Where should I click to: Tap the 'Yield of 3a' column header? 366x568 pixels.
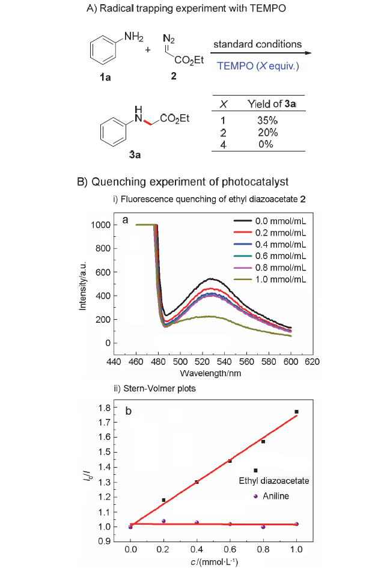[272, 103]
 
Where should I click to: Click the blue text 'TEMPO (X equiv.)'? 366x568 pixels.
[257, 66]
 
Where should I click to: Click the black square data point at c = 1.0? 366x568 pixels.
[296, 412]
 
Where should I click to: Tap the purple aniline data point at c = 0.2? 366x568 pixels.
[163, 521]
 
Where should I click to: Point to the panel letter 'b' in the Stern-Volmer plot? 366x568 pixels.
[128, 411]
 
